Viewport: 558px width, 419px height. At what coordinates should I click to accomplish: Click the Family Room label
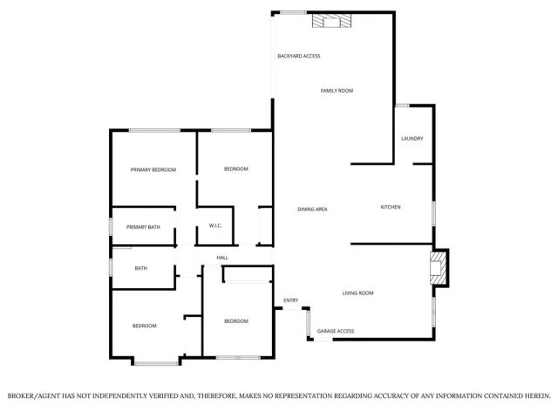click(337, 91)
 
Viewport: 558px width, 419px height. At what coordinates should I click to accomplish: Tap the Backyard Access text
click(299, 56)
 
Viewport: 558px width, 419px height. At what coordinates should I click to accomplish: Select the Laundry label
click(412, 140)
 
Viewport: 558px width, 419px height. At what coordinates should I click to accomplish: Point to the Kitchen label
click(390, 207)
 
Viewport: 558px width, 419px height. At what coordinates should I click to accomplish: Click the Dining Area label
click(312, 209)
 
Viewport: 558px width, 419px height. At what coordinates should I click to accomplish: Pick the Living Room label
click(357, 293)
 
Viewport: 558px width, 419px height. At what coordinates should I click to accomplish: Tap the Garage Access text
click(335, 332)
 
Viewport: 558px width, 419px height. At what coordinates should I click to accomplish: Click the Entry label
click(291, 301)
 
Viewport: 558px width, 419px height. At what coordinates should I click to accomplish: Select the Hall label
click(222, 258)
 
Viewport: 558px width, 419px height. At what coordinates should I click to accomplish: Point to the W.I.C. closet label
click(215, 227)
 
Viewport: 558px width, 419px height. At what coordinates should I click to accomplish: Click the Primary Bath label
click(143, 227)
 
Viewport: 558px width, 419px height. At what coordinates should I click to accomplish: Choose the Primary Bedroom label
click(153, 169)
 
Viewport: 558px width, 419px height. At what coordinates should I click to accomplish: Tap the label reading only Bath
click(140, 268)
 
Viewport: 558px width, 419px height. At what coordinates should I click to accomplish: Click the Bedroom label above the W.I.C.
click(236, 168)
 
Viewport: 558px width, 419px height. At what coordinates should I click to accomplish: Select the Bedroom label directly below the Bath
click(144, 326)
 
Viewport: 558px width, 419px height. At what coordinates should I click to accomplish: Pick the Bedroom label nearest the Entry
click(236, 321)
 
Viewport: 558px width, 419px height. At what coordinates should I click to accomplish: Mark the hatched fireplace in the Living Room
click(440, 269)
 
